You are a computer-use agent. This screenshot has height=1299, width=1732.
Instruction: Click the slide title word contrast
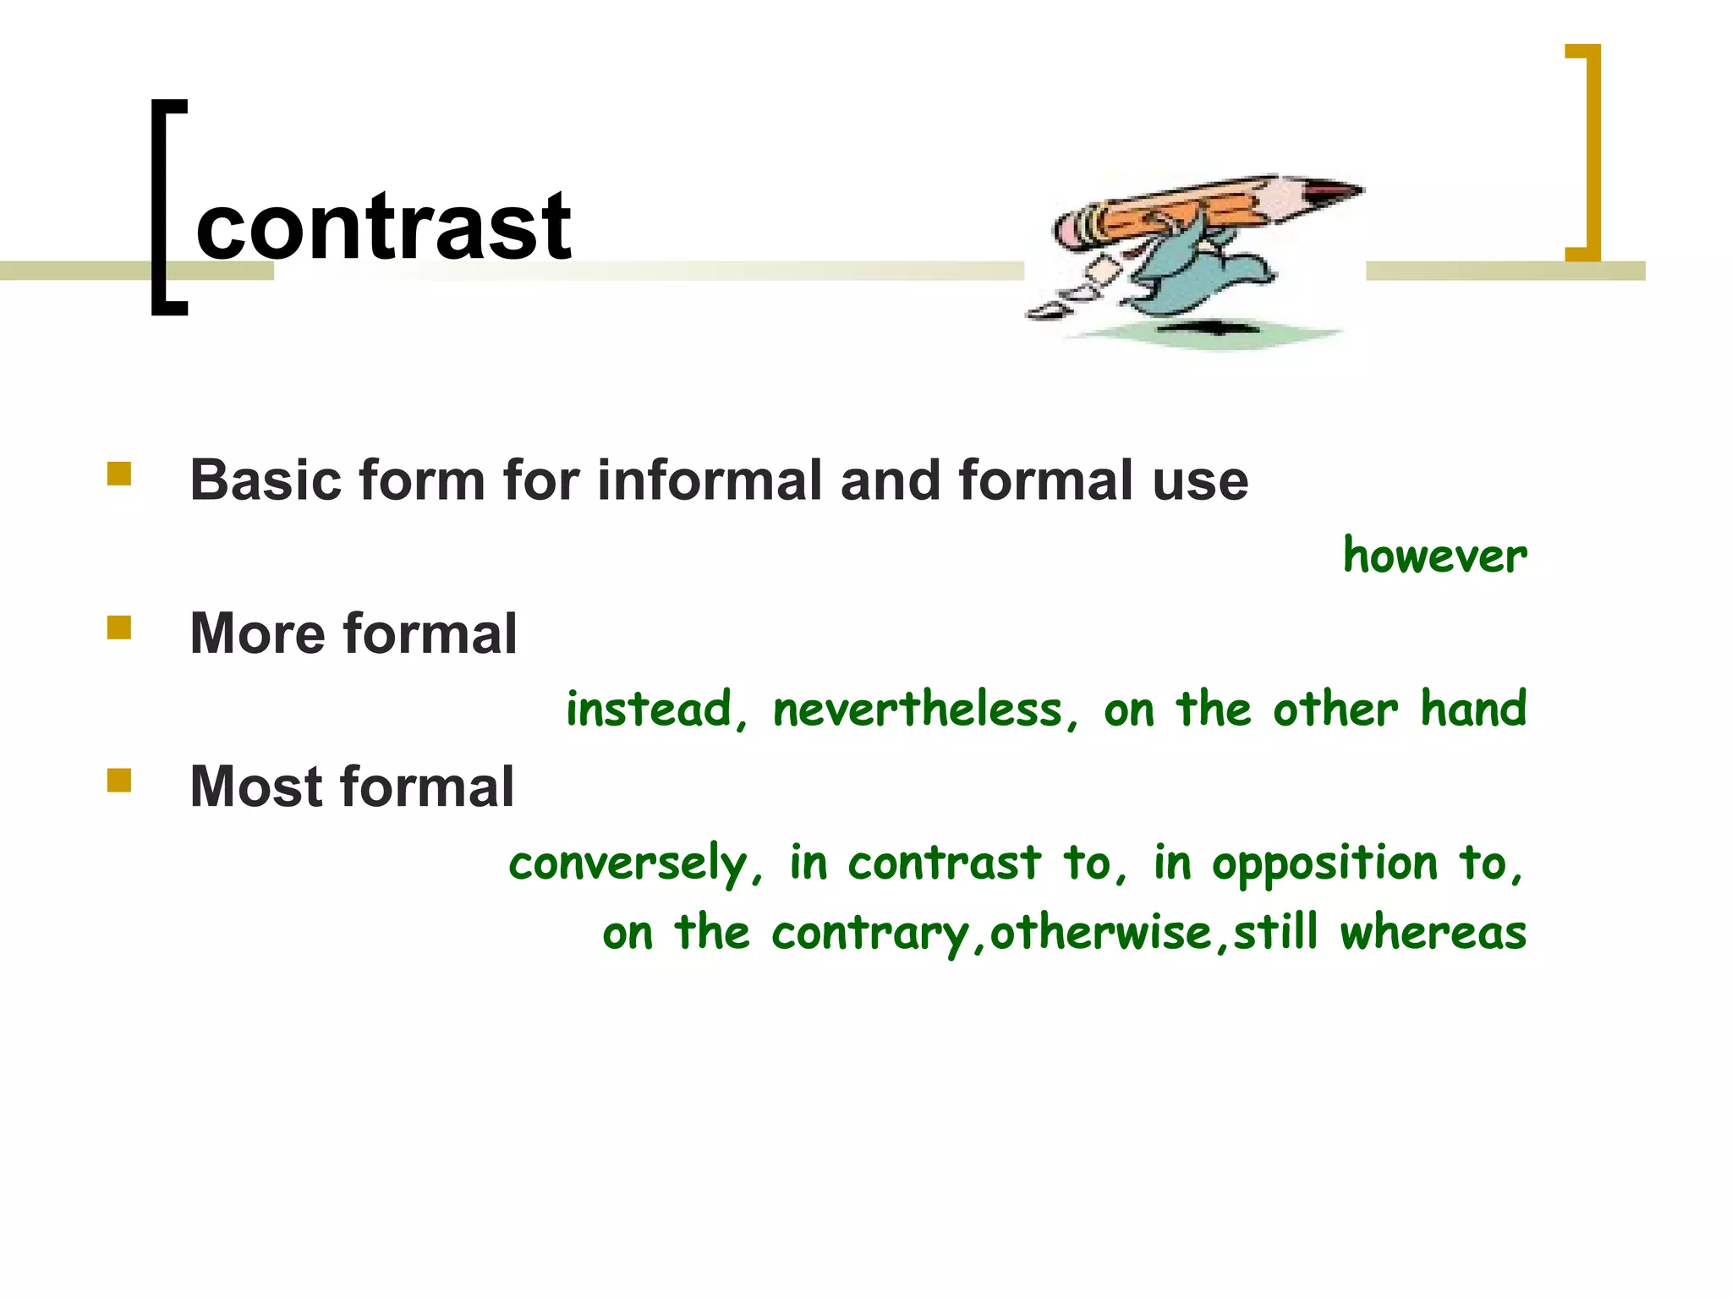point(383,227)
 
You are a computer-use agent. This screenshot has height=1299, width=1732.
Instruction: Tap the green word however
point(1434,556)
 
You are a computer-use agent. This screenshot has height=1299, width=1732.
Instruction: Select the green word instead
point(649,709)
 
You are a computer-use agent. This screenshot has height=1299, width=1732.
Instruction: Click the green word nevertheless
point(918,709)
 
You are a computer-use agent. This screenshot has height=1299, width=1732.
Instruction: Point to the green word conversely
point(628,863)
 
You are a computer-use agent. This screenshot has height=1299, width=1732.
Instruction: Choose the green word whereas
point(1433,933)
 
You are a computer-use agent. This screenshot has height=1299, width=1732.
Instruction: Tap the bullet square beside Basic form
point(119,473)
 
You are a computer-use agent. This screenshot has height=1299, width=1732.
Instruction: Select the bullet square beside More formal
point(119,627)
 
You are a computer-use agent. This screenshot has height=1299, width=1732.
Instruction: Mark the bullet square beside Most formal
point(119,780)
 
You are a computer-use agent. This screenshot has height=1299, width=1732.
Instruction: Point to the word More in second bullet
point(257,633)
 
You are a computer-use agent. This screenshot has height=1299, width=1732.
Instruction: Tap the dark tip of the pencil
point(1336,191)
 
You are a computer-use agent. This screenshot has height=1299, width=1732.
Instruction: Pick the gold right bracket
point(1587,152)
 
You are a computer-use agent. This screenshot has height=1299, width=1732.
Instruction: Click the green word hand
point(1473,709)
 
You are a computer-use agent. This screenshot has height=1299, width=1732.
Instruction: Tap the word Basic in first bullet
point(265,480)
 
